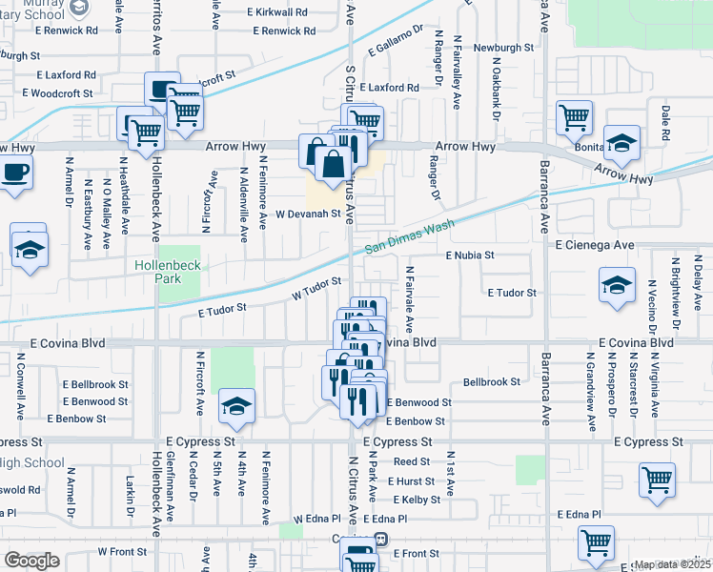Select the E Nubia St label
coord(470,255)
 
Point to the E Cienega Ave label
coord(595,245)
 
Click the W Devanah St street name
coord(308,214)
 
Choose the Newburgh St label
coord(504,47)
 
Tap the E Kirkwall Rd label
coord(276,13)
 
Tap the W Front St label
coord(120,551)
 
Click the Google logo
coord(31,561)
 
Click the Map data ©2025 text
coord(673,565)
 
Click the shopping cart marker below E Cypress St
coord(656,480)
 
